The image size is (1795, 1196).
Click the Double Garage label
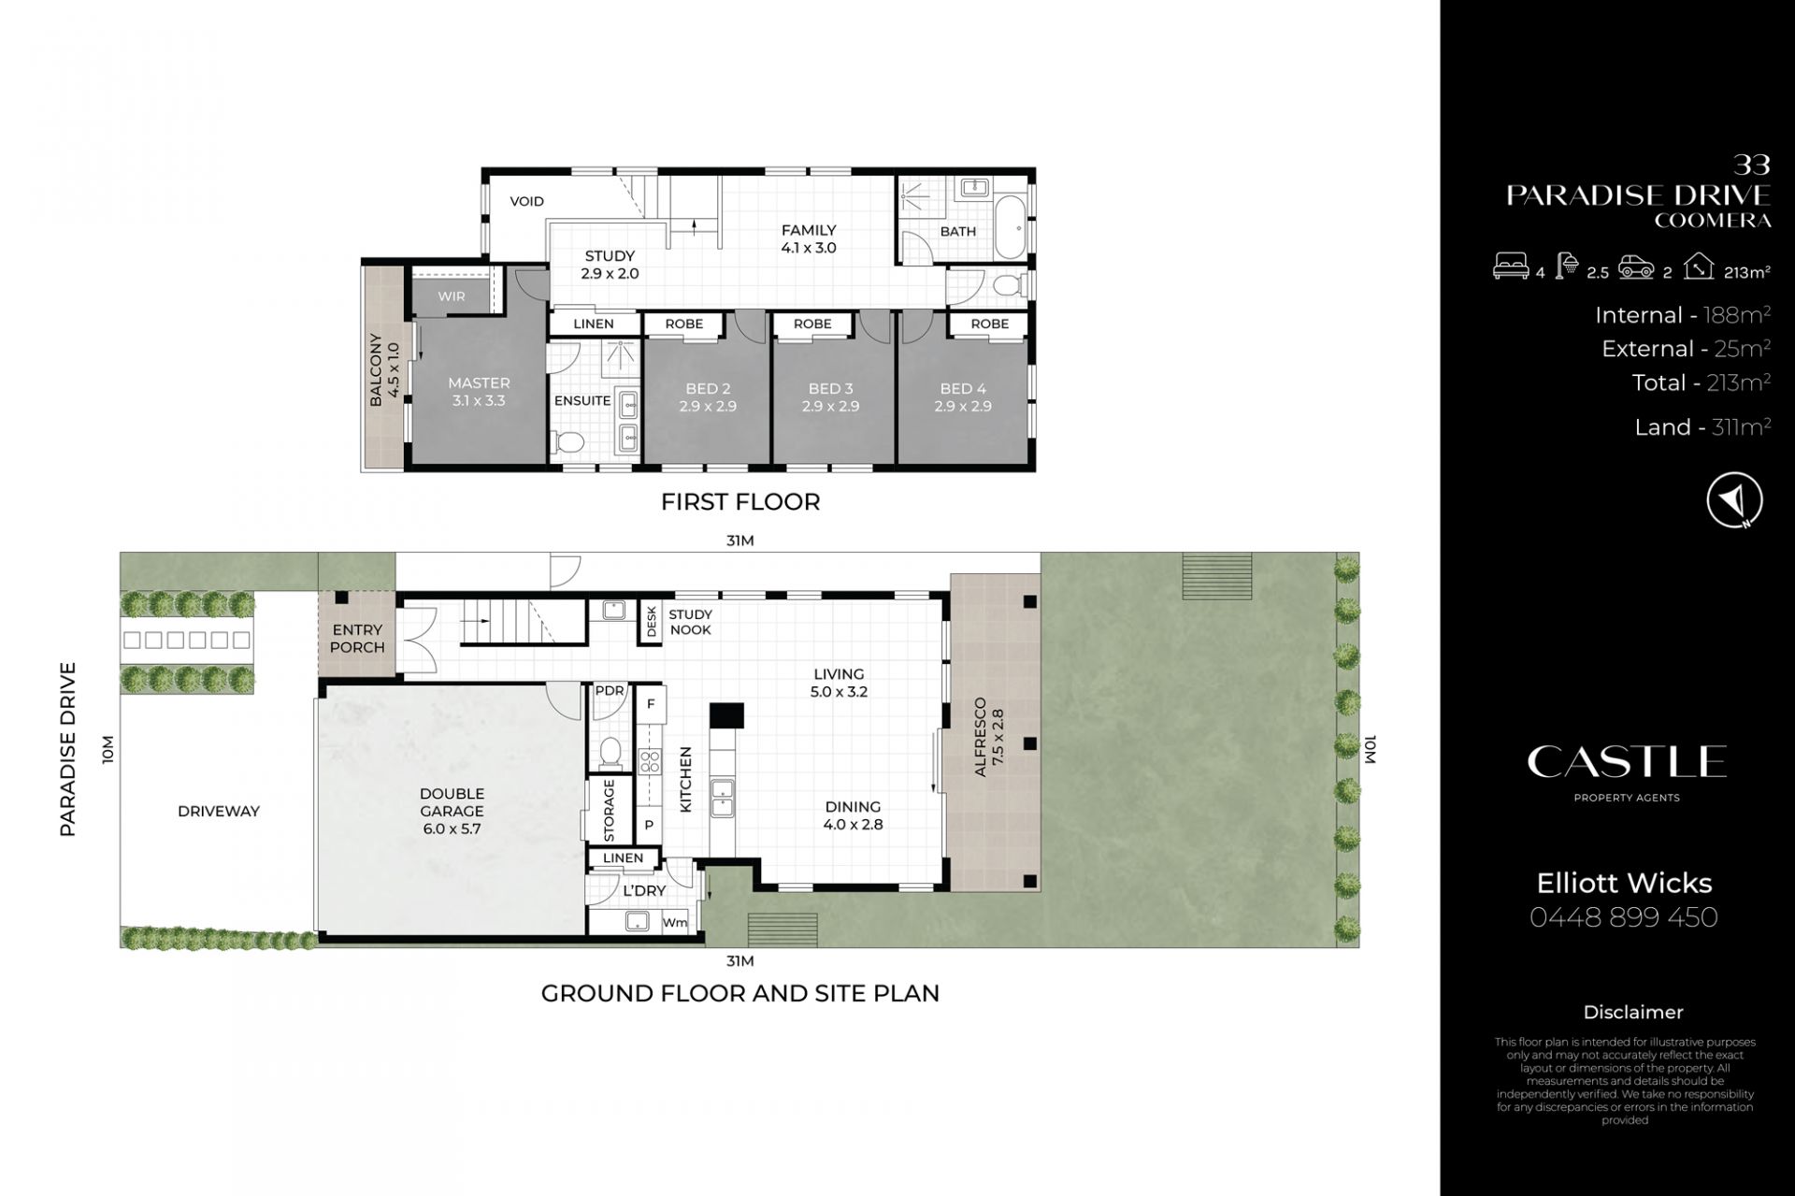tap(452, 811)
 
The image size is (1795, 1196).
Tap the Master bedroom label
tap(479, 391)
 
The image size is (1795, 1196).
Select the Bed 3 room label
tap(830, 397)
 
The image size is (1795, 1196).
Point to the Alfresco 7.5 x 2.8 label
tap(988, 738)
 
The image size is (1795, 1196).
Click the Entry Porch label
tap(357, 639)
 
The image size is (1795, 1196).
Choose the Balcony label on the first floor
tap(383, 368)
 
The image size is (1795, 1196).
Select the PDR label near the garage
tap(610, 691)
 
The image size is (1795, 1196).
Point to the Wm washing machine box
tap(674, 922)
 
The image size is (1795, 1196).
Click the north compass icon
tap(1734, 500)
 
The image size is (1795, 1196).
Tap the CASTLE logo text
tap(1627, 761)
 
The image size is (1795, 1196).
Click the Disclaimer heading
tap(1633, 1012)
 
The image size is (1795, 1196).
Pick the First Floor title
tap(740, 502)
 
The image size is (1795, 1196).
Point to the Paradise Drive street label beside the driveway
tap(67, 749)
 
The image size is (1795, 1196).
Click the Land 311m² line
tap(1702, 427)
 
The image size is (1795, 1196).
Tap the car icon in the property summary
tap(1637, 269)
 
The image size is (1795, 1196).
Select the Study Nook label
tap(691, 622)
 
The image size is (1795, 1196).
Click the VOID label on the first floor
tap(526, 201)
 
